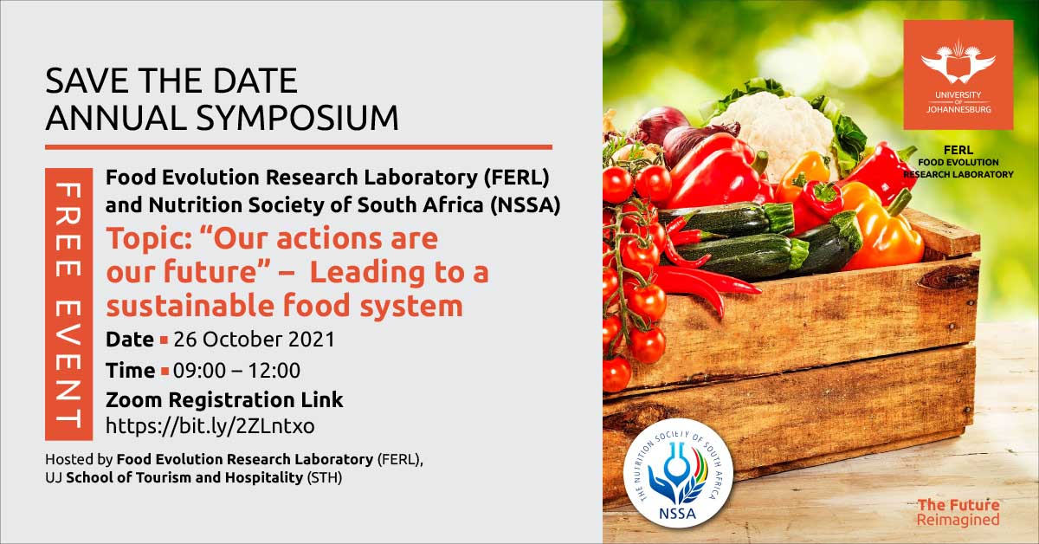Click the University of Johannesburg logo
(x=958, y=75)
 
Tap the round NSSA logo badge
(x=678, y=473)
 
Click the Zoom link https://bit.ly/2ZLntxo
(x=210, y=425)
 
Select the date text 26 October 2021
(x=254, y=339)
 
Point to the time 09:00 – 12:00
(x=236, y=371)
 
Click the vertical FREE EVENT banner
(x=68, y=304)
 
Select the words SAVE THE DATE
(x=171, y=81)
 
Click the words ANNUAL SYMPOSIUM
(x=223, y=118)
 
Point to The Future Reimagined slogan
(x=958, y=512)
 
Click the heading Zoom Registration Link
(x=224, y=400)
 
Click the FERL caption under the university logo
(x=958, y=162)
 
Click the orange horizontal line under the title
(x=298, y=146)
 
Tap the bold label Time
(x=130, y=371)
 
